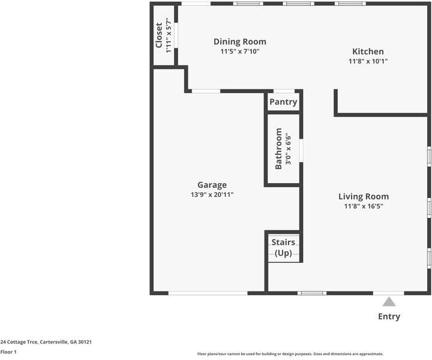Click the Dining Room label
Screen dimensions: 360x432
pyautogui.click(x=239, y=41)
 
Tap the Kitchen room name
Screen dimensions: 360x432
pyautogui.click(x=368, y=52)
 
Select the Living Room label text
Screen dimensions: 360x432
pyautogui.click(x=363, y=196)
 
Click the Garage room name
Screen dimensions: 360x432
pyautogui.click(x=212, y=185)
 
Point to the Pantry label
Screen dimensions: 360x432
pyautogui.click(x=283, y=102)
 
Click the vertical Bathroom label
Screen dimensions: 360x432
pyautogui.click(x=278, y=148)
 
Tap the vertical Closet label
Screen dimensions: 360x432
pyautogui.click(x=159, y=35)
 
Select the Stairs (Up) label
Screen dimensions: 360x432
pyautogui.click(x=283, y=248)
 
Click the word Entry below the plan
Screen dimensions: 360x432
pyautogui.click(x=389, y=316)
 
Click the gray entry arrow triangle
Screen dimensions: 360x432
pyautogui.click(x=389, y=302)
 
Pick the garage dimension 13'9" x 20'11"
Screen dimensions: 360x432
pyautogui.click(x=212, y=194)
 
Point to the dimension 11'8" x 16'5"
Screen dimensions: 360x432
pyautogui.click(x=363, y=206)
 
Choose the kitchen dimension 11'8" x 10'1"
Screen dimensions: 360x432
pyautogui.click(x=368, y=61)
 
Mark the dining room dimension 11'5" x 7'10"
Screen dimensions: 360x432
pyautogui.click(x=239, y=51)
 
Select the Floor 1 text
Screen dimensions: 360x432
pyautogui.click(x=8, y=352)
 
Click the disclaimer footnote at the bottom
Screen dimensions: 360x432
pyautogui.click(x=290, y=354)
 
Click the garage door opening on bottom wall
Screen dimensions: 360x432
pyautogui.click(x=207, y=293)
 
